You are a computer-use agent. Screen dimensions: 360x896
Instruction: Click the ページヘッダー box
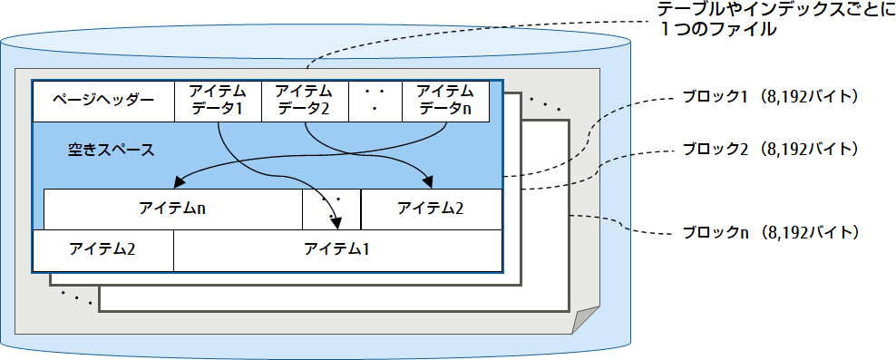(102, 101)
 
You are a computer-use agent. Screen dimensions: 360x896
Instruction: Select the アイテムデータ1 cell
(217, 101)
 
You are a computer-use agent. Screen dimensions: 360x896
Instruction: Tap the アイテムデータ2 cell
(303, 101)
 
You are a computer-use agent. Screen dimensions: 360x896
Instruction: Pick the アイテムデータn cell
(445, 101)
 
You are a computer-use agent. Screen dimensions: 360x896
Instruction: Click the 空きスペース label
(111, 149)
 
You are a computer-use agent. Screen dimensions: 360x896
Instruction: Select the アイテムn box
(172, 209)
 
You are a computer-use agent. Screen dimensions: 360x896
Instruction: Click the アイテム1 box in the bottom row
(336, 249)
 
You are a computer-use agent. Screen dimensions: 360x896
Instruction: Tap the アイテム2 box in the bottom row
(102, 249)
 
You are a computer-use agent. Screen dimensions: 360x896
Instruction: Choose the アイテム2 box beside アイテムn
(431, 209)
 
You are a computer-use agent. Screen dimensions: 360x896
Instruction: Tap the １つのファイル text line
(721, 30)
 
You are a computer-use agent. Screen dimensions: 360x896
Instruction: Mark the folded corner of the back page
(585, 320)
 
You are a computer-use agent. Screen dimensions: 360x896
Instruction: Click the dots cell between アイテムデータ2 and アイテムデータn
(375, 101)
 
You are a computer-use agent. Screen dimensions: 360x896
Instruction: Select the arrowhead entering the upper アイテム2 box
(427, 182)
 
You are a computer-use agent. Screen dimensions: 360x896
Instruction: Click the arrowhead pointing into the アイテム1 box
(338, 224)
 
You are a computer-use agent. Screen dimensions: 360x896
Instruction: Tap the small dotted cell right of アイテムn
(331, 209)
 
